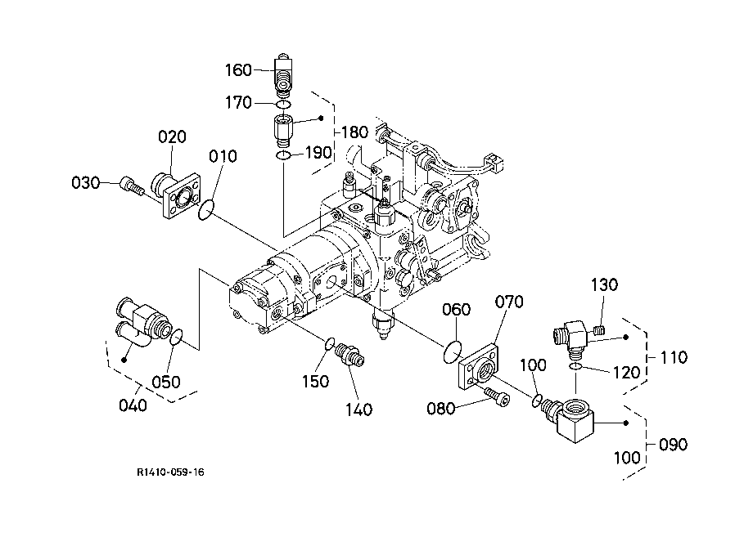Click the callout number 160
point(239,70)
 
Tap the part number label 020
point(172,137)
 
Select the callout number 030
point(85,182)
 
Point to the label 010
point(223,156)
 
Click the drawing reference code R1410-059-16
point(170,472)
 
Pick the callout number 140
point(358,409)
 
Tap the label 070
point(509,302)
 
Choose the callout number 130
point(604,284)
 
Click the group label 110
point(674,357)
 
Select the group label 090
point(674,445)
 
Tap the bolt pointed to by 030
point(132,186)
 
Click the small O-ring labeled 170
point(283,105)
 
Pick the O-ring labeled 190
point(283,155)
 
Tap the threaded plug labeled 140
point(352,356)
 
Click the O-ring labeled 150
point(329,344)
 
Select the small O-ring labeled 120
point(575,366)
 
